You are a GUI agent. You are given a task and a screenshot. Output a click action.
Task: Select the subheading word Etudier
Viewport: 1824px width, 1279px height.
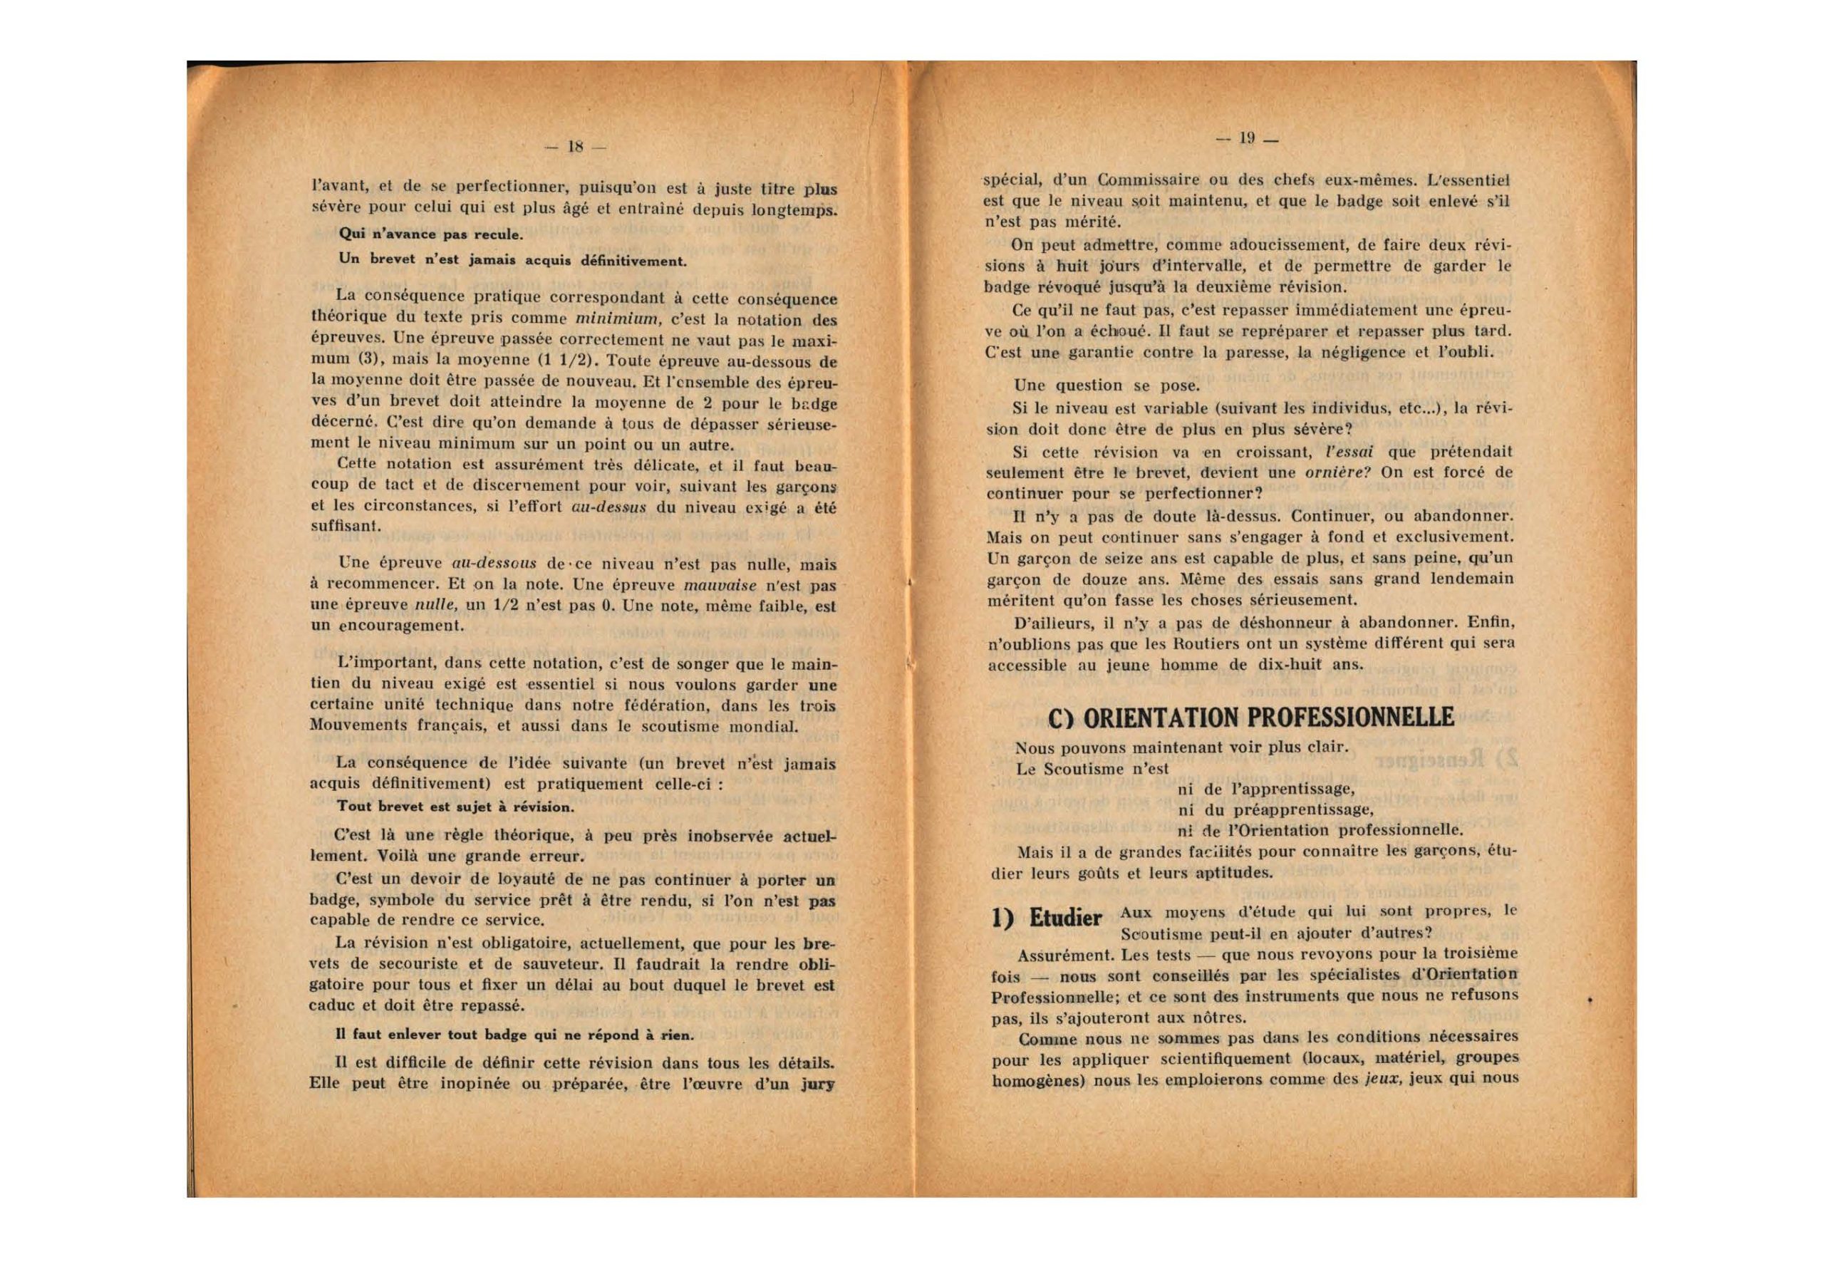1065,918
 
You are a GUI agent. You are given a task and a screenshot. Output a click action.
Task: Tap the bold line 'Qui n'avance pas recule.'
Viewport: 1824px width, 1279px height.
430,234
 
